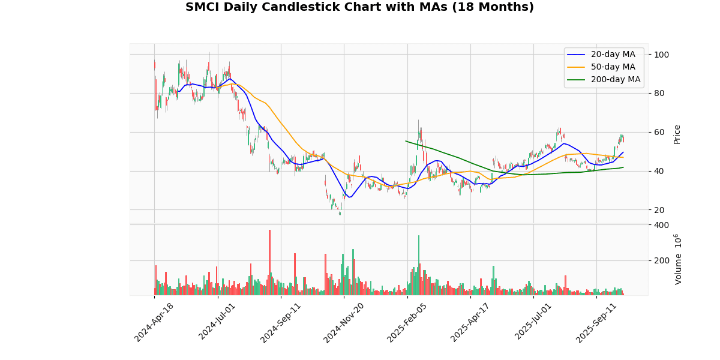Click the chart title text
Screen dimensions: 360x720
[359, 7]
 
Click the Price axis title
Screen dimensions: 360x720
[677, 134]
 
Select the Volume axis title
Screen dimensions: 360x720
[679, 259]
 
